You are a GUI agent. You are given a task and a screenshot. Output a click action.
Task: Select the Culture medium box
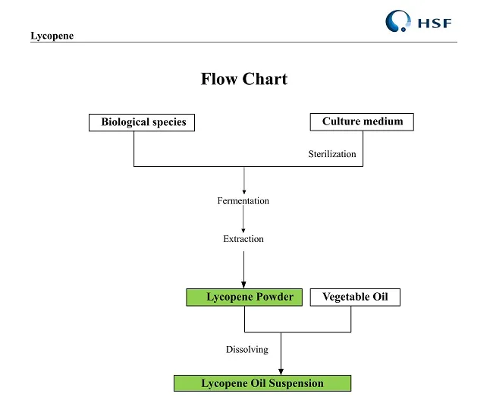tap(362, 121)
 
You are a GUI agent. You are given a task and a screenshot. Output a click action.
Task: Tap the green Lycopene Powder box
tap(244, 297)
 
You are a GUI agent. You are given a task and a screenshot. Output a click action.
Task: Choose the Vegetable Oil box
tap(354, 297)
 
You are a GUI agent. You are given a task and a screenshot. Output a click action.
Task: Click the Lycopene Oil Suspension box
tap(262, 383)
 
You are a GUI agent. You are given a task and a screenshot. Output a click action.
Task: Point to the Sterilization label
tap(331, 154)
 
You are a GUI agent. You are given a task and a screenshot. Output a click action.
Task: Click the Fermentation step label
tap(243, 201)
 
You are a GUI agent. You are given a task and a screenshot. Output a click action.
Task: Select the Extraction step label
tap(243, 239)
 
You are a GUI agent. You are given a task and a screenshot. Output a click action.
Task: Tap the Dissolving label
tap(246, 350)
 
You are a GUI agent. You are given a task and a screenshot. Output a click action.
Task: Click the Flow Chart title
tap(243, 79)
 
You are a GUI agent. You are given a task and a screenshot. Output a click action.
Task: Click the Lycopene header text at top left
tap(52, 36)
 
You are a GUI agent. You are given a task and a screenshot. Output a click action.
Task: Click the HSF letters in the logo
tap(434, 23)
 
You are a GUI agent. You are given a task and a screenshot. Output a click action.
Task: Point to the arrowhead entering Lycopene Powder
tap(243, 285)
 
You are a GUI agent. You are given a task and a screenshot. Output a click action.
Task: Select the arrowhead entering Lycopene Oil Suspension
tap(281, 371)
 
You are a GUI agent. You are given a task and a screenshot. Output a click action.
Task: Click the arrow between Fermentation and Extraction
tap(243, 220)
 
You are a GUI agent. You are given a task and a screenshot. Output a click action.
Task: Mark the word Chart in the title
tap(265, 79)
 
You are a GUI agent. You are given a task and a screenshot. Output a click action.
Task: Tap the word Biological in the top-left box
tap(125, 122)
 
